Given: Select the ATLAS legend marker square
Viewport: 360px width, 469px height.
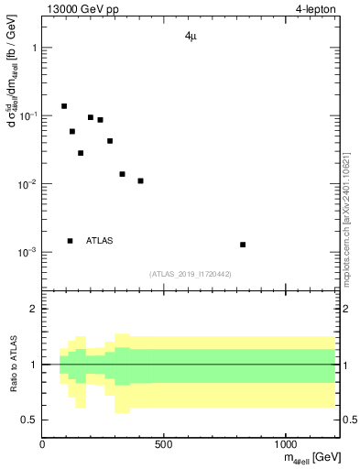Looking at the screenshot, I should [70, 241].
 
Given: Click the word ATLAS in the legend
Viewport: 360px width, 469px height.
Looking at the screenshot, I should [100, 241].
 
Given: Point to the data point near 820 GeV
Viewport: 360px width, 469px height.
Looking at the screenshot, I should [243, 245].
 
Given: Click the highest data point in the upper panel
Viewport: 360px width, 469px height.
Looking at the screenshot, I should [64, 106].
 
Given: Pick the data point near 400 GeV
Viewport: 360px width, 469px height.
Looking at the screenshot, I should [140, 180].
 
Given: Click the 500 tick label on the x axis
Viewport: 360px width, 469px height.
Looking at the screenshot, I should [164, 444].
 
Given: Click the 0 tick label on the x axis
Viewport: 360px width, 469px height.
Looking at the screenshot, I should [42, 444].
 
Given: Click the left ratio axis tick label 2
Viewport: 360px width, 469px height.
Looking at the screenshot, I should [33, 309].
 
